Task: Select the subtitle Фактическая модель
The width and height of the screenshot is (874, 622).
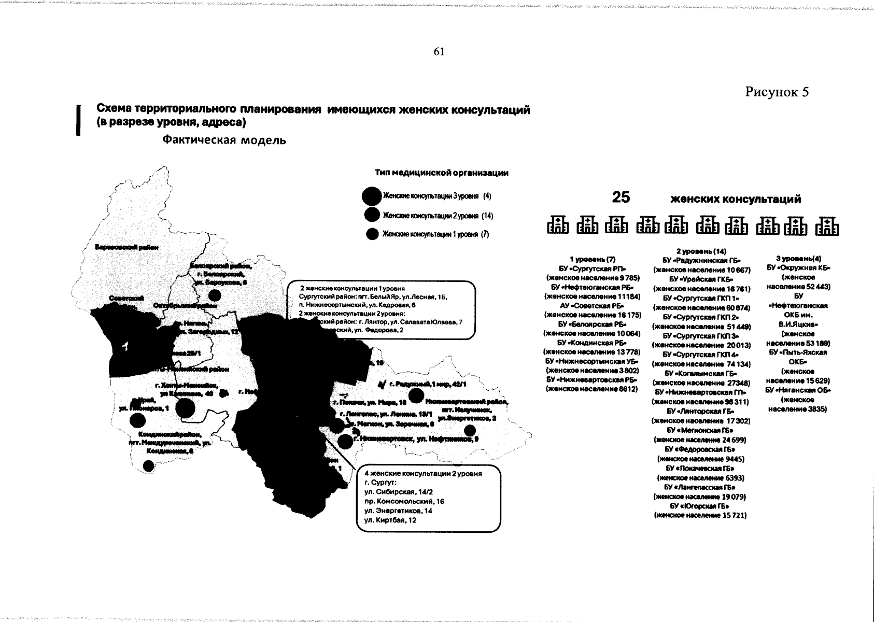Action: (224, 140)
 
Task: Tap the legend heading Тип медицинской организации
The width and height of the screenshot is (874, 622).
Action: (441, 173)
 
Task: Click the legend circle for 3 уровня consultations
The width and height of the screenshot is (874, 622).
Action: (372, 196)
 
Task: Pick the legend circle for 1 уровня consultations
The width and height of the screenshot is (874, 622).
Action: (372, 234)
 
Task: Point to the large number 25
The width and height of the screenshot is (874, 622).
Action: (621, 197)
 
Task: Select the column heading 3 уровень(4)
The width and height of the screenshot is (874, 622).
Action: (798, 258)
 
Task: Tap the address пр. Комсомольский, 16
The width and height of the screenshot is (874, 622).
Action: (404, 501)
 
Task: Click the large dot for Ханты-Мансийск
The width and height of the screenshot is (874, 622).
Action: (186, 408)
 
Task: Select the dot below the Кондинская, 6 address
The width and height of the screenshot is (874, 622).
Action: (149, 465)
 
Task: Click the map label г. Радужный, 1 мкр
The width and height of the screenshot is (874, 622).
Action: (430, 384)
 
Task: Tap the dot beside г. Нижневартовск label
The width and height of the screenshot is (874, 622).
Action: (344, 442)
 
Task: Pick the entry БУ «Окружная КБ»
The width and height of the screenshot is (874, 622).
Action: (798, 268)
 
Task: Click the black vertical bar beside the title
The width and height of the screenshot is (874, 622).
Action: (78, 120)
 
